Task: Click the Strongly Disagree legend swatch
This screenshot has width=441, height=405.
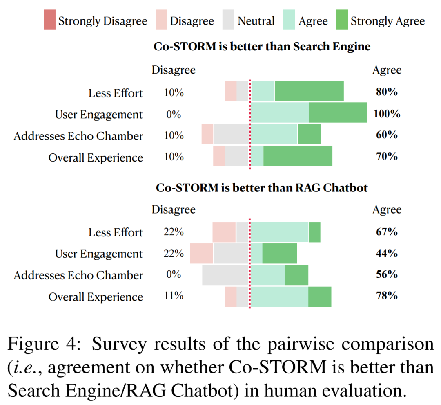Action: point(49,20)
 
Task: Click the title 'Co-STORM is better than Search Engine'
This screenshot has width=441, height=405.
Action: point(262,46)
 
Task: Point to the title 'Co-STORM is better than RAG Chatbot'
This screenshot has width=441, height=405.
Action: point(262,188)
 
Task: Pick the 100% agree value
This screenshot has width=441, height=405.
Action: point(387,114)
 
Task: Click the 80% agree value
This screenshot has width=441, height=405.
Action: point(387,92)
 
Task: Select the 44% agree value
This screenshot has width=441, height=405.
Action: point(387,253)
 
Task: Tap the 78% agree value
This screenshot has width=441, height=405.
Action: point(387,295)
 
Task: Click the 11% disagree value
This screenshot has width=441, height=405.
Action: point(174,295)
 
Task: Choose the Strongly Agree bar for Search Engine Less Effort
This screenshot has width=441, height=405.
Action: point(309,91)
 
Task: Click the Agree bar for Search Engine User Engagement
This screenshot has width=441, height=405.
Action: point(280,112)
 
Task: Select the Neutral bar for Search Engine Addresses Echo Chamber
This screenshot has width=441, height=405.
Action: point(231,134)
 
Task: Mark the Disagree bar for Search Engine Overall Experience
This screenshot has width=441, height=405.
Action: point(219,156)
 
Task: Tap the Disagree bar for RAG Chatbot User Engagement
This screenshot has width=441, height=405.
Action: point(201,254)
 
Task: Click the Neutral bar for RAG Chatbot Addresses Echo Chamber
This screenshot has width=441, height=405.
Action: point(225,275)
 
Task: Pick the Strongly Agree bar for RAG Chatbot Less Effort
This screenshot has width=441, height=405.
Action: point(314,232)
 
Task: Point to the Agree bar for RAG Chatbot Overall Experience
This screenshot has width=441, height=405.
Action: point(279,297)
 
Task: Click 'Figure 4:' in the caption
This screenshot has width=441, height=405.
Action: point(44,345)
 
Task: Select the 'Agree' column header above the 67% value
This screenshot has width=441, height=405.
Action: point(387,210)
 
